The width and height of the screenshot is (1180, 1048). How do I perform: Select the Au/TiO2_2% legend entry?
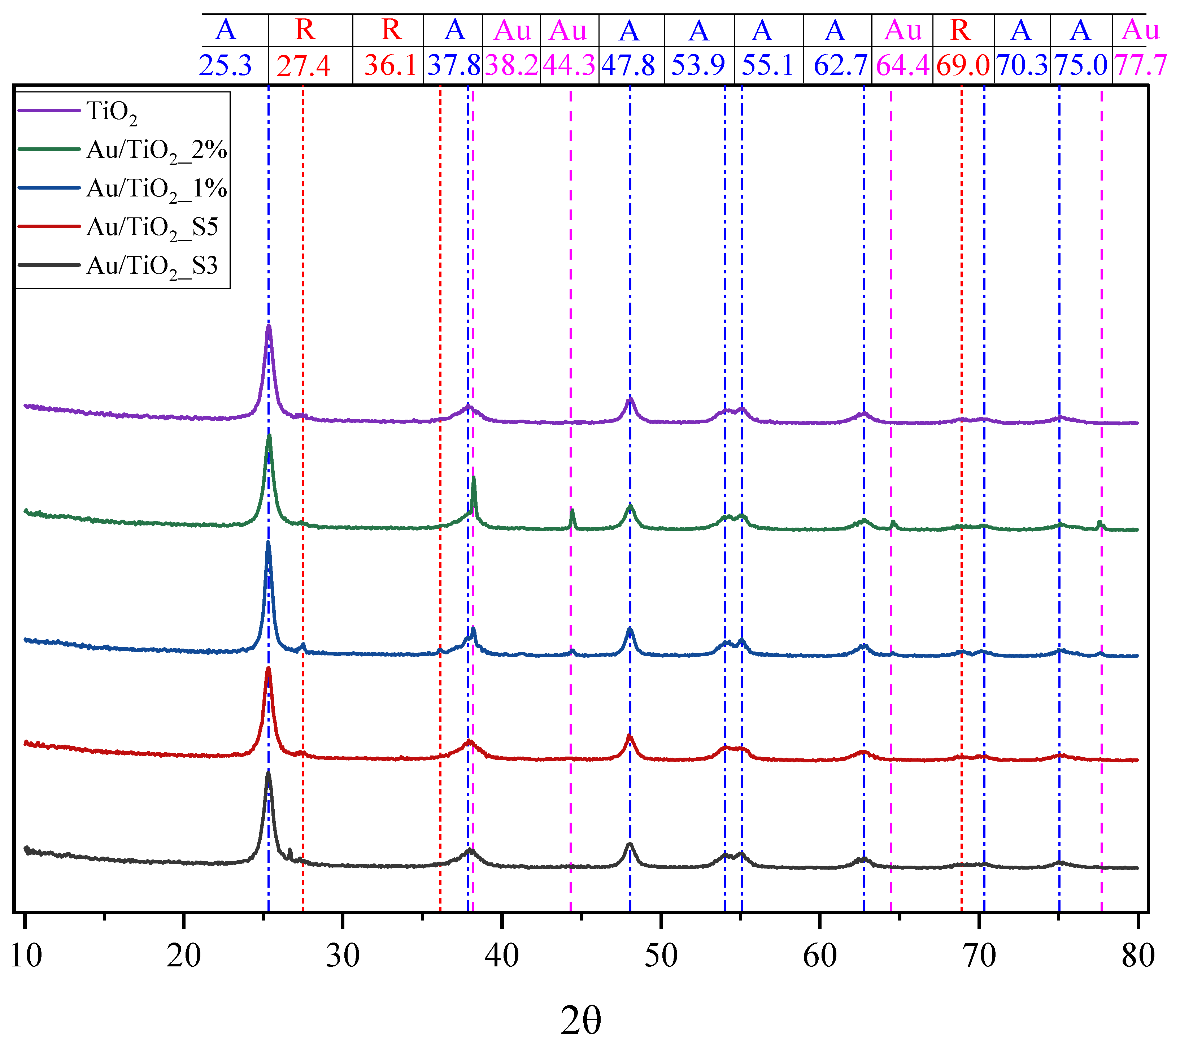156,150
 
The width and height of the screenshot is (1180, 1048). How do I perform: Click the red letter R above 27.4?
305,30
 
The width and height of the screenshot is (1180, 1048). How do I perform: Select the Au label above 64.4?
903,30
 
